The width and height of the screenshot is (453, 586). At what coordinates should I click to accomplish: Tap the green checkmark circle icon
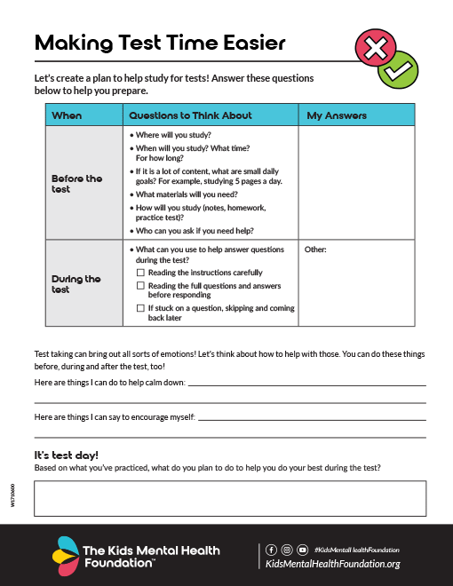[397, 69]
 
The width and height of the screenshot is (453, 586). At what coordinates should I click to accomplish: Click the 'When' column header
[67, 115]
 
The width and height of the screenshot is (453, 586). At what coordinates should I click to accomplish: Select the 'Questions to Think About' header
[190, 115]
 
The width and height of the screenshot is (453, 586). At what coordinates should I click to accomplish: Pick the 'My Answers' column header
[337, 115]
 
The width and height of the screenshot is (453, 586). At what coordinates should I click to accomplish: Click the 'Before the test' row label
[77, 184]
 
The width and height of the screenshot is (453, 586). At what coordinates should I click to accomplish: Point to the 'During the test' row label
[76, 284]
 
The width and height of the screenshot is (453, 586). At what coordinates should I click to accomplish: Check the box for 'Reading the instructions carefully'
[140, 273]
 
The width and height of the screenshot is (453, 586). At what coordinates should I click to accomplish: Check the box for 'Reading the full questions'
[140, 286]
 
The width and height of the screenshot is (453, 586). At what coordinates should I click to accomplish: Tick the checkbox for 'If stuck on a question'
[140, 307]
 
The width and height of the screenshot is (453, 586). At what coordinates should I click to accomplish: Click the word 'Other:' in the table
[315, 250]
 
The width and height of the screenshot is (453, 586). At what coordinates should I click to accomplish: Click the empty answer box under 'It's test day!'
[229, 498]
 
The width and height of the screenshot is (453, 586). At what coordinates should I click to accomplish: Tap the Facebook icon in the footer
[271, 550]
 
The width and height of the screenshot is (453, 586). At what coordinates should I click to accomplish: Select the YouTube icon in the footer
[303, 550]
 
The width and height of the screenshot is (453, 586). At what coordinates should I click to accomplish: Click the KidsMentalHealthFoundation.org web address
[333, 564]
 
